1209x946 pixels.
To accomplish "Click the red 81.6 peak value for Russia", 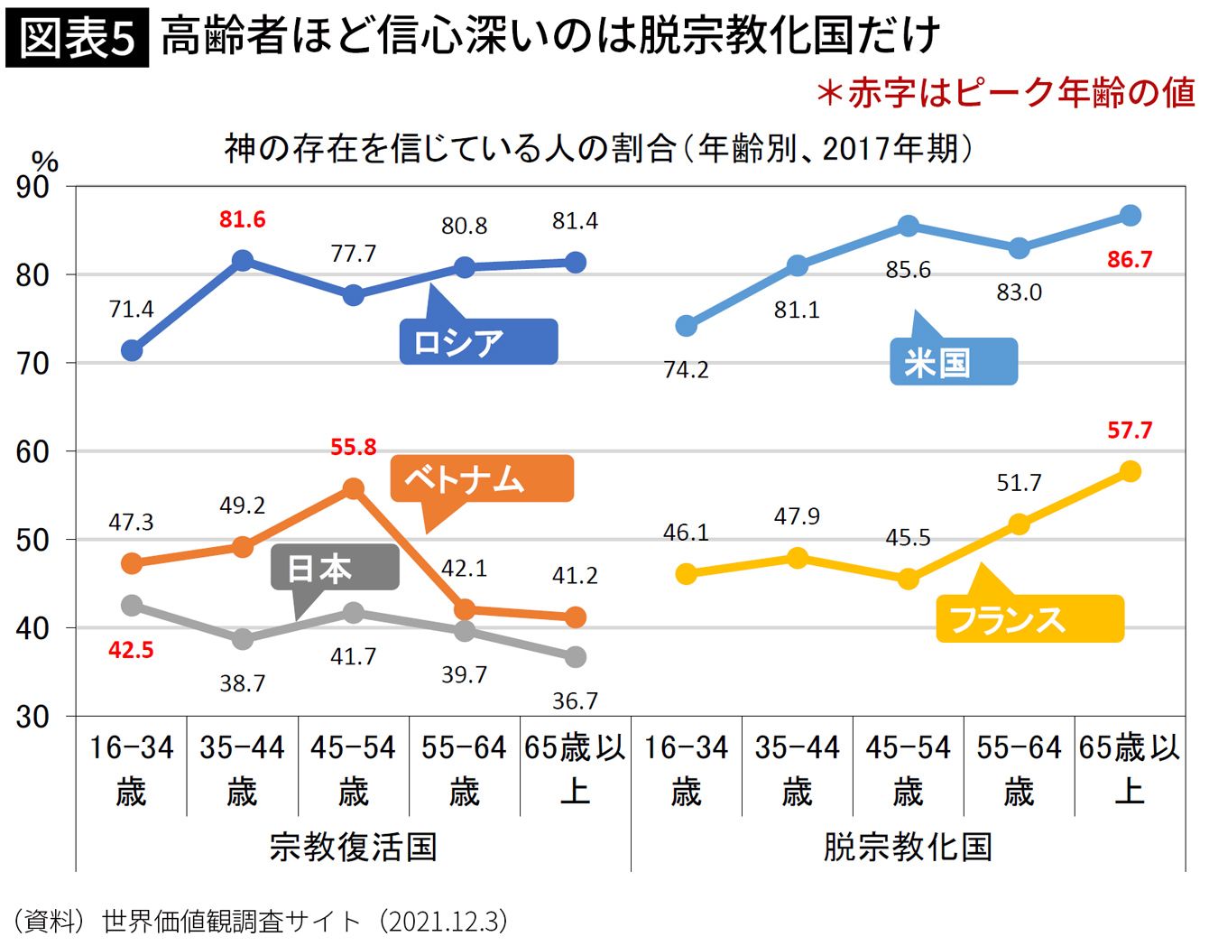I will pyautogui.click(x=242, y=219).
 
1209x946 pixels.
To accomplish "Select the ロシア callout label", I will pyautogui.click(x=478, y=342).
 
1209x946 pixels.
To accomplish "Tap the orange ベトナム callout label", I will pyautogui.click(x=482, y=478).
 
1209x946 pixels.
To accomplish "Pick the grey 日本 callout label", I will pyautogui.click(x=335, y=568).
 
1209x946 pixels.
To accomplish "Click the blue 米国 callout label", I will pyautogui.click(x=953, y=362).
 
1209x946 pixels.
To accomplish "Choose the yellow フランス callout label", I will pyautogui.click(x=1029, y=619).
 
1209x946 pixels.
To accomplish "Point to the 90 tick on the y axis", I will pyautogui.click(x=32, y=187).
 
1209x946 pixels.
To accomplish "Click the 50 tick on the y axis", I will pyautogui.click(x=32, y=540).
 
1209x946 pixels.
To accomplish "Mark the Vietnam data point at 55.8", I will pyautogui.click(x=353, y=489).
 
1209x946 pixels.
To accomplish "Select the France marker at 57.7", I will pyautogui.click(x=1130, y=471).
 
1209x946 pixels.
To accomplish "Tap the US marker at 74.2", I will pyautogui.click(x=686, y=325).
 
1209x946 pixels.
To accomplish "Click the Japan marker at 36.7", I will pyautogui.click(x=575, y=657).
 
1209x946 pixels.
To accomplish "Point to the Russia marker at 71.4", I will pyautogui.click(x=132, y=350).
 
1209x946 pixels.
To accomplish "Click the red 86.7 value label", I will pyautogui.click(x=1130, y=260).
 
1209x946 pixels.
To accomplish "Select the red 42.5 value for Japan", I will pyautogui.click(x=131, y=650).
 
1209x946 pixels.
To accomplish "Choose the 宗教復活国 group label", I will pyautogui.click(x=353, y=847).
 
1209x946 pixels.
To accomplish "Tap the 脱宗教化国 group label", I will pyautogui.click(x=908, y=847).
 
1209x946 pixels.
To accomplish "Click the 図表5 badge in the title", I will pyautogui.click(x=77, y=39).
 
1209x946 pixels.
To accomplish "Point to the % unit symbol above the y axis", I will pyautogui.click(x=45, y=161).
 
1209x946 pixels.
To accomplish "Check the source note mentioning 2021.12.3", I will pyautogui.click(x=262, y=922).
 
